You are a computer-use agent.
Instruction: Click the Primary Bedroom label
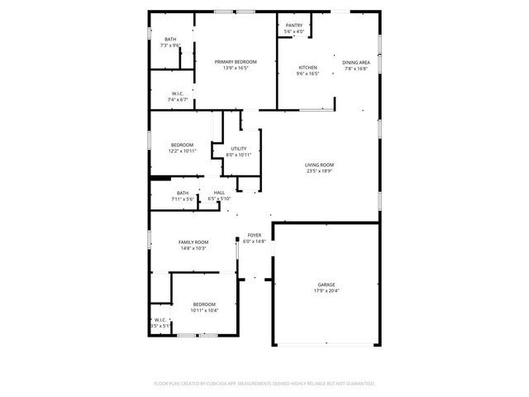point(236,62)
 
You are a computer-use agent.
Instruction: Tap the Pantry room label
point(294,26)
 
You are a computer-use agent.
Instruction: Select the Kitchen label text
point(307,67)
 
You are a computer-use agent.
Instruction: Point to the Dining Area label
point(356,62)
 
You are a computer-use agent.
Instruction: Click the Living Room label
point(319,165)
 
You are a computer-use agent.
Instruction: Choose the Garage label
point(326,285)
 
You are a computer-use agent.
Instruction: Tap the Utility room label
point(239,149)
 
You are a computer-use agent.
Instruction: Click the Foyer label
point(255,236)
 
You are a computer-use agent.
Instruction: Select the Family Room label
point(193,242)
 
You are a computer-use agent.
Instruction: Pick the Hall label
point(219,193)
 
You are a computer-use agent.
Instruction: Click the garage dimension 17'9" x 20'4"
point(326,291)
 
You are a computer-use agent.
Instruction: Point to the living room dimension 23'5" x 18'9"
point(319,172)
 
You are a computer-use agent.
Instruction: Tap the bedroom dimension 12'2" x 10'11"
point(182,151)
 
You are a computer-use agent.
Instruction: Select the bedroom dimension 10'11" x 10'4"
point(204,310)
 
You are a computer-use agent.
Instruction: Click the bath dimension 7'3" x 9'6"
point(170,45)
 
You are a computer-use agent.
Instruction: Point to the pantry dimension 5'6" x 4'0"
point(294,32)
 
